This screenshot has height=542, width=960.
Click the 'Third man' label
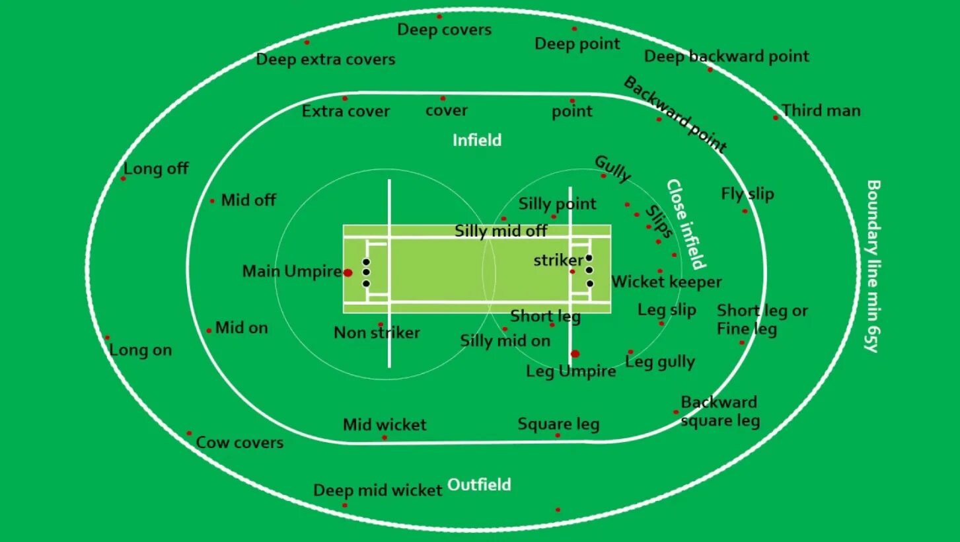[x=821, y=110]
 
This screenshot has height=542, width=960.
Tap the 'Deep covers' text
[x=444, y=30]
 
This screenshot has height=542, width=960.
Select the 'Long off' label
[x=156, y=169]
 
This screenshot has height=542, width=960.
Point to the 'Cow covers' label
[x=240, y=442]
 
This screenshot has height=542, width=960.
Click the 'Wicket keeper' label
[x=666, y=282]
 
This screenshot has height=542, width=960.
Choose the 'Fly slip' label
[x=747, y=194]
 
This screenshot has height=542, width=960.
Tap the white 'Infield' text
[x=477, y=140]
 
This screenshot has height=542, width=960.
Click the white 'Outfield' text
[x=479, y=484]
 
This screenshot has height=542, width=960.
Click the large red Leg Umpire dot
[x=575, y=354]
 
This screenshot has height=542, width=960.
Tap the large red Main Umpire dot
[x=348, y=272]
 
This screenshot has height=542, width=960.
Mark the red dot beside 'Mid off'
[x=212, y=201]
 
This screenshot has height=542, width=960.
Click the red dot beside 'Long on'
[x=107, y=338]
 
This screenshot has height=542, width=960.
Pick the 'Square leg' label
[x=558, y=424]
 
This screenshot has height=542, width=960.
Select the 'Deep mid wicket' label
[x=377, y=490]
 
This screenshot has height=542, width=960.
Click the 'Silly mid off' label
[x=501, y=231]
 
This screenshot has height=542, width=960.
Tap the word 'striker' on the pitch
[x=558, y=260]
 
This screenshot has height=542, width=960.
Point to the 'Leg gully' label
[x=660, y=362]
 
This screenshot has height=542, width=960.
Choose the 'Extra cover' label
[x=346, y=111]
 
